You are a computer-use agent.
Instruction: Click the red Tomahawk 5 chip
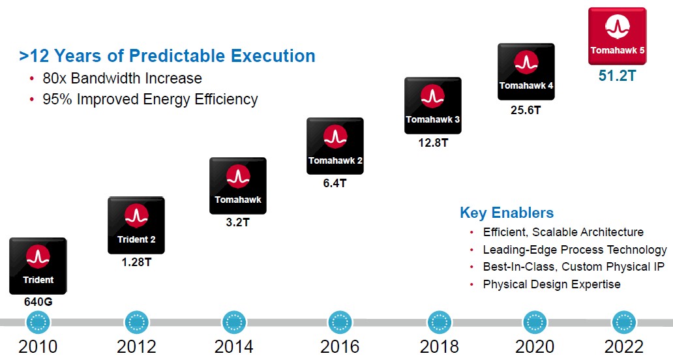pyautogui.click(x=617, y=36)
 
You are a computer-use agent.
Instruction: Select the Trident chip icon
pyautogui.click(x=38, y=265)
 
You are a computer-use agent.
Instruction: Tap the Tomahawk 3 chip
pyautogui.click(x=432, y=106)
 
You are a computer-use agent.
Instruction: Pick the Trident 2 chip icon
pyautogui.click(x=136, y=225)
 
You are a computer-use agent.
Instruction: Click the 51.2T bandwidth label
pyautogui.click(x=617, y=76)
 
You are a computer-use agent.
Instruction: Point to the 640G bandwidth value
pyautogui.click(x=38, y=303)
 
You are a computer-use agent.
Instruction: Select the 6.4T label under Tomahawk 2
pyautogui.click(x=335, y=183)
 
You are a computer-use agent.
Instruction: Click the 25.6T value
pyautogui.click(x=526, y=110)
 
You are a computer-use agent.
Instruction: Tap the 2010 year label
pyautogui.click(x=38, y=346)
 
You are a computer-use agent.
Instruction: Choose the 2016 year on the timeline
pyautogui.click(x=340, y=346)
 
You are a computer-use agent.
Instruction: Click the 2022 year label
pyautogui.click(x=623, y=346)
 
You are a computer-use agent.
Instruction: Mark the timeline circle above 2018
pyautogui.click(x=440, y=322)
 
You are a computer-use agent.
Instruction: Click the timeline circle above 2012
pyautogui.click(x=136, y=322)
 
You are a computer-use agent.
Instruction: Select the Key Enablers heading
pyautogui.click(x=507, y=213)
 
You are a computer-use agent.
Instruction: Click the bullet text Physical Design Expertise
pyautogui.click(x=552, y=284)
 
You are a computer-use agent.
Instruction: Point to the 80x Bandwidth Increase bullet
pyautogui.click(x=123, y=78)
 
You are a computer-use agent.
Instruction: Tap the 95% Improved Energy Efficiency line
pyautogui.click(x=150, y=99)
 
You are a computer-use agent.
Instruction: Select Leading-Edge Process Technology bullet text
pyautogui.click(x=575, y=250)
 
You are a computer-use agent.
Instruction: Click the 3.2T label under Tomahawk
pyautogui.click(x=237, y=222)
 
